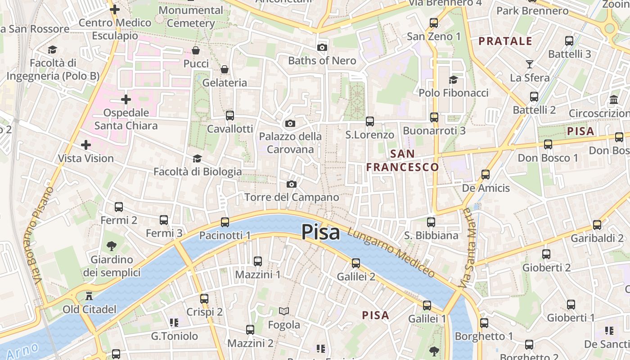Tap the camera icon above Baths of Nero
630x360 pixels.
click(x=322, y=47)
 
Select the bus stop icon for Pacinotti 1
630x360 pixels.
click(x=225, y=222)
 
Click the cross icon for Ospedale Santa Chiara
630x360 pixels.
click(x=126, y=99)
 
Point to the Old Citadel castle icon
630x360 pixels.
click(x=89, y=296)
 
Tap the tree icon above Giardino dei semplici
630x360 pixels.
click(x=112, y=246)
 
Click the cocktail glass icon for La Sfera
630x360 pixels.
click(x=529, y=64)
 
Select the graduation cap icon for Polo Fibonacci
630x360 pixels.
click(x=453, y=80)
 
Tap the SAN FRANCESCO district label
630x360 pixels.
click(x=402, y=161)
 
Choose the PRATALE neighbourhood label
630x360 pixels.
click(x=505, y=41)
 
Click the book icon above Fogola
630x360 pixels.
click(x=283, y=311)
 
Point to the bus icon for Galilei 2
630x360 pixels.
click(x=356, y=263)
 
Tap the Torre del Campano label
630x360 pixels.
click(x=292, y=197)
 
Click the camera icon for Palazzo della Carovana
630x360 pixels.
click(x=290, y=123)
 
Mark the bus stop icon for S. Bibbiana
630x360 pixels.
click(x=431, y=222)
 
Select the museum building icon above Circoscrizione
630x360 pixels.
click(x=613, y=99)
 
